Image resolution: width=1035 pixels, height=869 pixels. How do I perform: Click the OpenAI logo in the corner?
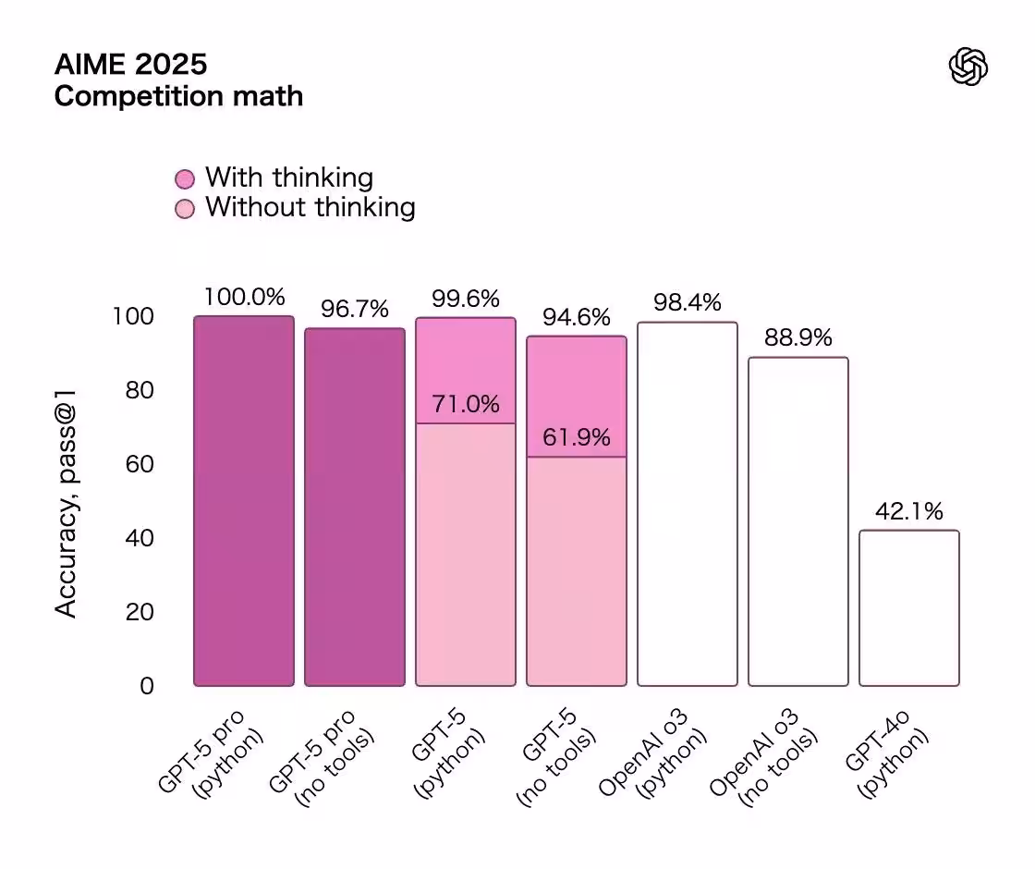pyautogui.click(x=968, y=67)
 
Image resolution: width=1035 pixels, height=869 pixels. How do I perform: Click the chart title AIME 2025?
pyautogui.click(x=130, y=64)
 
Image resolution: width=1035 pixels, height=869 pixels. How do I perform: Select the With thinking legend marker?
pyautogui.click(x=185, y=178)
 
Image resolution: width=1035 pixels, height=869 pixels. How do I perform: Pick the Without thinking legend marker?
pyautogui.click(x=185, y=208)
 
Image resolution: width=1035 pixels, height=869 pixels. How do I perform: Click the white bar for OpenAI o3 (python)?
pyautogui.click(x=688, y=504)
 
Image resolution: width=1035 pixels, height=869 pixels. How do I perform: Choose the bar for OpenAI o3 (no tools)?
pyautogui.click(x=798, y=521)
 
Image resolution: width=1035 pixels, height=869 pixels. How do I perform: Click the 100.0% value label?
pyautogui.click(x=244, y=298)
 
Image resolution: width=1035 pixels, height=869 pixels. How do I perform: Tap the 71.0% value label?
pyautogui.click(x=466, y=404)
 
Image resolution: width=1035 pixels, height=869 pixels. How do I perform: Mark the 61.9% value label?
pyautogui.click(x=577, y=437)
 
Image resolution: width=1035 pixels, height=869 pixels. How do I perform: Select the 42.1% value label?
pyautogui.click(x=909, y=511)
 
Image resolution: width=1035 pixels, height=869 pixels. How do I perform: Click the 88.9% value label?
pyautogui.click(x=798, y=338)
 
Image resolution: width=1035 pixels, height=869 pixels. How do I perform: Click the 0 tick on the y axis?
pyautogui.click(x=147, y=686)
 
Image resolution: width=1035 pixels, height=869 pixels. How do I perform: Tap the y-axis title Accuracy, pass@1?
pyautogui.click(x=66, y=504)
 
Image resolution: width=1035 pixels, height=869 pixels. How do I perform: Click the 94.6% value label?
pyautogui.click(x=577, y=317)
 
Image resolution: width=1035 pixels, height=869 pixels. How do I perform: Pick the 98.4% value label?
pyautogui.click(x=688, y=303)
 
